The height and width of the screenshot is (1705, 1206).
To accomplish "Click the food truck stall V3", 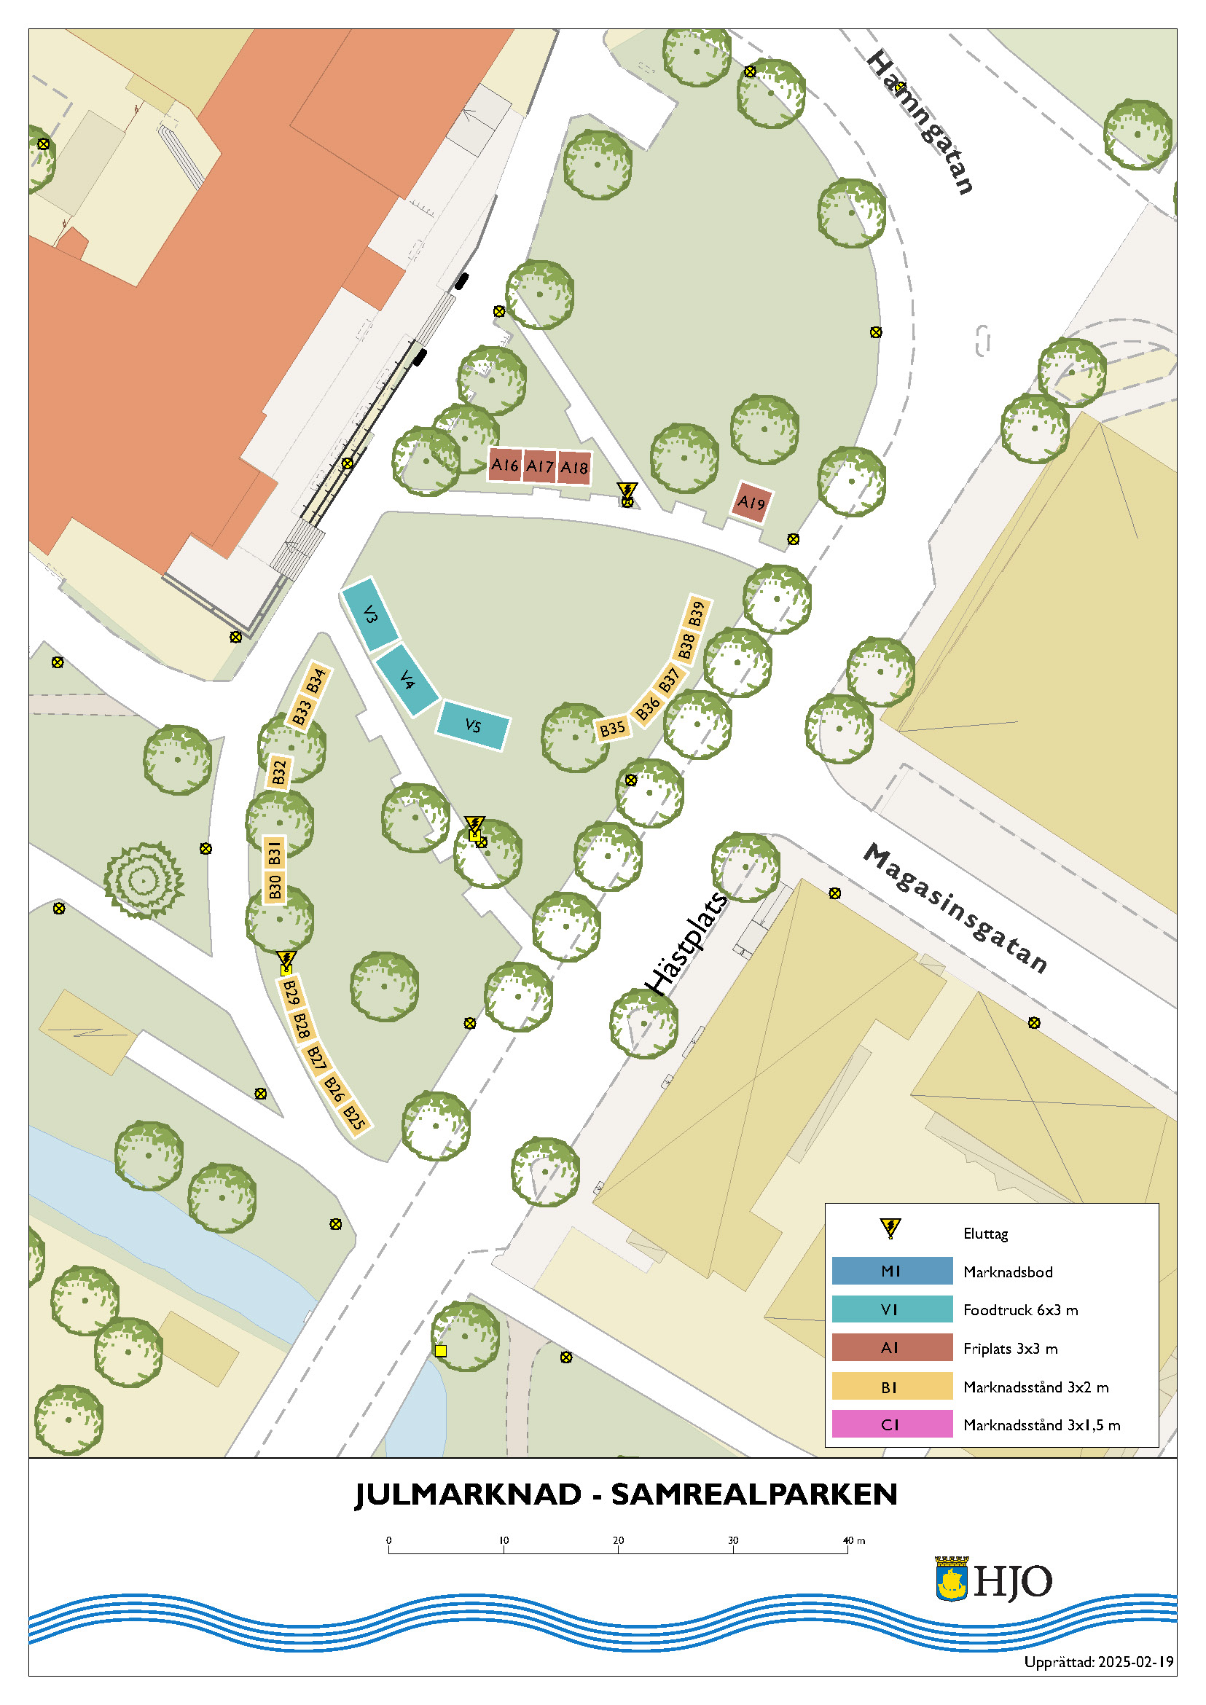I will (371, 614).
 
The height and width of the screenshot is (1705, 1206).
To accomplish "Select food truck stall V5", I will (472, 725).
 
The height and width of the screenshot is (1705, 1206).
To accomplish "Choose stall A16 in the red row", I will (504, 465).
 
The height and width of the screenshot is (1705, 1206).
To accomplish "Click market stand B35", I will (612, 729).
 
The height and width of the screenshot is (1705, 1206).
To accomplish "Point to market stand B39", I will (697, 614).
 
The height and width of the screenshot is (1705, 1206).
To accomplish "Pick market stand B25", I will (354, 1118).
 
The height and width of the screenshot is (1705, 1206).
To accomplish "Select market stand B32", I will (278, 772).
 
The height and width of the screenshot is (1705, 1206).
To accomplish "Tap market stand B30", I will (275, 887).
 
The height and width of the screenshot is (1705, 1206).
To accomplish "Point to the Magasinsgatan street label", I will (955, 907).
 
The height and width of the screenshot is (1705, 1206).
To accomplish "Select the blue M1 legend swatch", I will (891, 1271).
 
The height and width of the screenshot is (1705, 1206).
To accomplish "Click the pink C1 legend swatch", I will (891, 1424).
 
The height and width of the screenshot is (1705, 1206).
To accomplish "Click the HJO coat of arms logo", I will (951, 1579).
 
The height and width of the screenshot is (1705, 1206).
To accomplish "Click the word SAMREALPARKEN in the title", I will (753, 1495).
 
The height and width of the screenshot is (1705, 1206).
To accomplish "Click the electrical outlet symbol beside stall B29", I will (286, 961).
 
